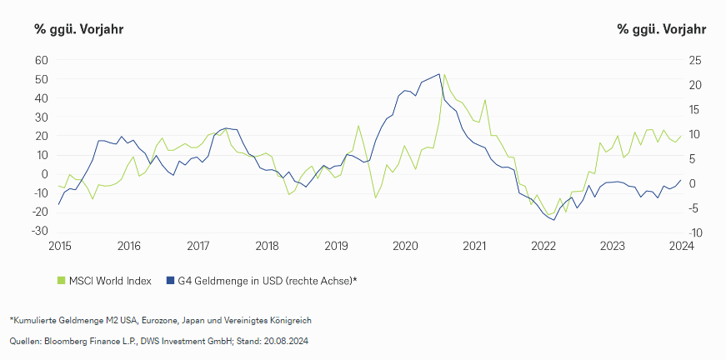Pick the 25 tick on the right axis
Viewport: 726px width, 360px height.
[695, 60]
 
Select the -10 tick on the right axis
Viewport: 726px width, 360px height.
[693, 232]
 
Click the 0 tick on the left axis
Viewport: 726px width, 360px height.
[45, 173]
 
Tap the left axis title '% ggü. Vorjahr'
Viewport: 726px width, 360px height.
[79, 29]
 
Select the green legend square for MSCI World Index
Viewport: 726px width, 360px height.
[61, 281]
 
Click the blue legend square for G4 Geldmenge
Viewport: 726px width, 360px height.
[170, 281]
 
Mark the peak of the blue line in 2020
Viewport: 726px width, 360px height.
[439, 74]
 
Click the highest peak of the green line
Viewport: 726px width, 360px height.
[444, 73]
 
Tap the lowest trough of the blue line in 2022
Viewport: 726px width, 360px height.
[554, 220]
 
